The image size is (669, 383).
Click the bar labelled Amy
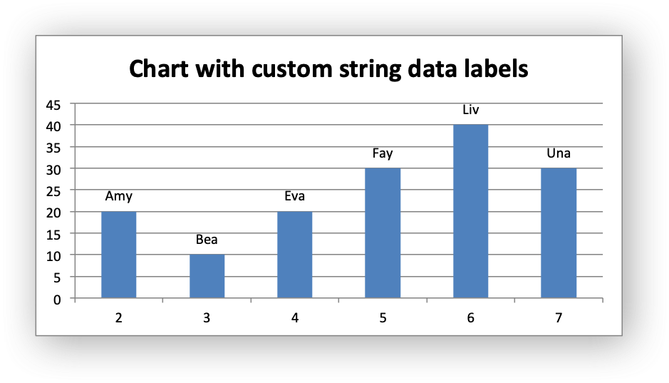[x=118, y=255]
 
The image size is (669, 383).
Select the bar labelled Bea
[x=207, y=276]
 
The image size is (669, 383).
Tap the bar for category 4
[x=295, y=255]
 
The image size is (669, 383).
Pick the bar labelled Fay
[x=383, y=233]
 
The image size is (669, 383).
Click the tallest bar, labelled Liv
[x=471, y=211]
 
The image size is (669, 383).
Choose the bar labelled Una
[x=559, y=233]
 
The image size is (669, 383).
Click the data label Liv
[x=471, y=110]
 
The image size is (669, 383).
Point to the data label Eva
[x=295, y=196]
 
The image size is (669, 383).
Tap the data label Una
[x=559, y=153]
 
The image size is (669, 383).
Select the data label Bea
[x=207, y=240]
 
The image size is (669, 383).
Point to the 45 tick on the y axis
[x=53, y=105]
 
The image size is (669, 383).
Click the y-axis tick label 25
[x=53, y=192]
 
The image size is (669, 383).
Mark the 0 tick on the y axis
[x=57, y=300]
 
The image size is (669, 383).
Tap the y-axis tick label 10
[x=53, y=256]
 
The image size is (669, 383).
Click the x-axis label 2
[x=118, y=317]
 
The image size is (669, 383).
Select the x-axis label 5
[x=383, y=317]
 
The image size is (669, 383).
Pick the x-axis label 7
[x=559, y=317]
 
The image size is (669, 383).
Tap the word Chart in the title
[x=159, y=68]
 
